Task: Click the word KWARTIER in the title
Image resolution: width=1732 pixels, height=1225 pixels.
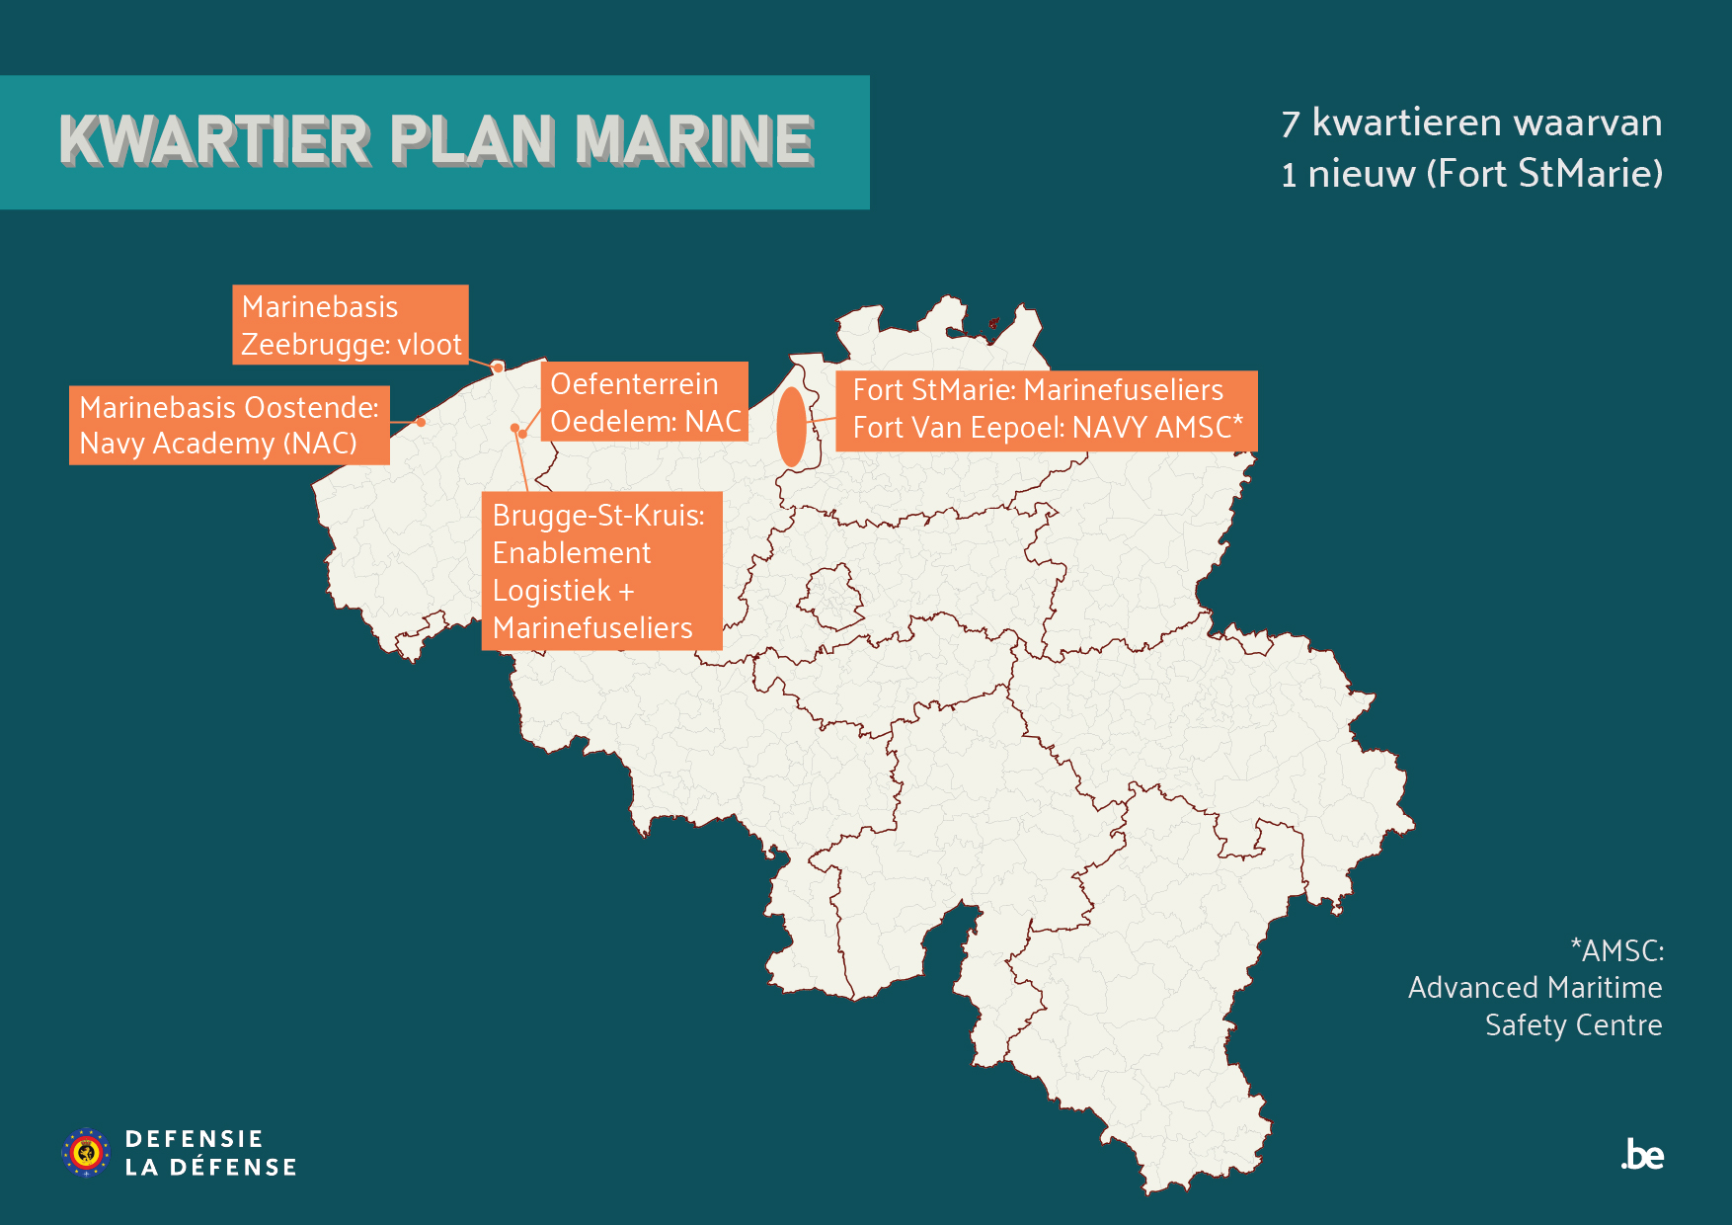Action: [214, 139]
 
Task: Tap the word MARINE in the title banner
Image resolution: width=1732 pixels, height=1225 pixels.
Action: [694, 139]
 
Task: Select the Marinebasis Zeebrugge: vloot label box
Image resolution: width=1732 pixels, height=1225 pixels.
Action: [351, 325]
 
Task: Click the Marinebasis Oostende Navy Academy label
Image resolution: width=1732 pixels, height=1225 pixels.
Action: [229, 426]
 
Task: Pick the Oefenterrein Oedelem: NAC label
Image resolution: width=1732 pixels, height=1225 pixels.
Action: [645, 402]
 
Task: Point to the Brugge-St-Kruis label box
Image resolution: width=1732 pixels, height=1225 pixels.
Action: [601, 571]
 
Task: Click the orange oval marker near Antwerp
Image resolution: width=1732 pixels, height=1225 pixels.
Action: [791, 427]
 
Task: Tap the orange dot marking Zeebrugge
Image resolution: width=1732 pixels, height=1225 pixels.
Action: [498, 367]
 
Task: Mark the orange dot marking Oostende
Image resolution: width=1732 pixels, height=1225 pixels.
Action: [422, 423]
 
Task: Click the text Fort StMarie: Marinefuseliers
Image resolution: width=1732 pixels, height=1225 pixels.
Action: [1038, 390]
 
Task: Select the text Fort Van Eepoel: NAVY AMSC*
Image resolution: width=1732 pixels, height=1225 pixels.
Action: [1048, 428]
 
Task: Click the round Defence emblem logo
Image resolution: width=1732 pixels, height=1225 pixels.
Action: [87, 1152]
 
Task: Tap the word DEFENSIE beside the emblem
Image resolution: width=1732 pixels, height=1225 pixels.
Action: [194, 1139]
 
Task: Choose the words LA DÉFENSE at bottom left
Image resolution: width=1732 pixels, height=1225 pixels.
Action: [210, 1168]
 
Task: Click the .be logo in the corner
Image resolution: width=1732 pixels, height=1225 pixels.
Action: [1642, 1155]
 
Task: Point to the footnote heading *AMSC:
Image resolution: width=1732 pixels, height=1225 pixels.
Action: [1616, 950]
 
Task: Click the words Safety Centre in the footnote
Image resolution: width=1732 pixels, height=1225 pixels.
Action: [1573, 1025]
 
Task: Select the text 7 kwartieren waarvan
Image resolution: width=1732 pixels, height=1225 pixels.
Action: [1471, 123]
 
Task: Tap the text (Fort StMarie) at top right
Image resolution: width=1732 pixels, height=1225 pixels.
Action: [1544, 174]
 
